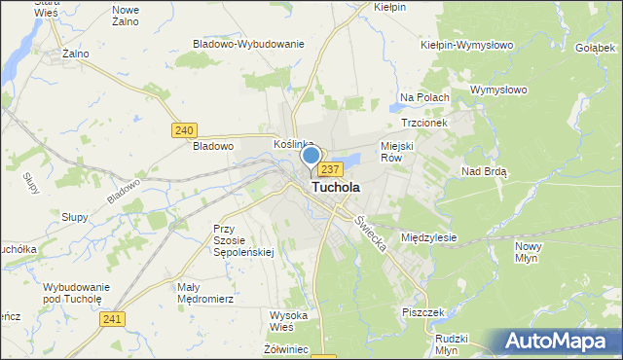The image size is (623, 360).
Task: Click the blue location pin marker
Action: (x=311, y=158)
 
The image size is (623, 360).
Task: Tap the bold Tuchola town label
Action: (x=335, y=187)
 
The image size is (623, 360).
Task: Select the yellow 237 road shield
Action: (x=330, y=170)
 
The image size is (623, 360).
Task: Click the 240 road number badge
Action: (x=183, y=129)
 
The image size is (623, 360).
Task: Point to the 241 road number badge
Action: (x=113, y=319)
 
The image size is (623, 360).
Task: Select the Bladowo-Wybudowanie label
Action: (x=249, y=44)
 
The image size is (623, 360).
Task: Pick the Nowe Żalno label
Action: (x=127, y=15)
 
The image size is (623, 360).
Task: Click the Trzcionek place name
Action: (x=423, y=124)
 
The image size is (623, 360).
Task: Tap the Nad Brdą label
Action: (x=484, y=170)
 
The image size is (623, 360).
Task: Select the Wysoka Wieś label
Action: (x=288, y=321)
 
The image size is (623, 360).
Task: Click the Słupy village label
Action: (x=73, y=216)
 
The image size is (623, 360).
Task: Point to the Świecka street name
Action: (x=370, y=234)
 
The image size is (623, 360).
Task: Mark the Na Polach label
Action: (x=424, y=97)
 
